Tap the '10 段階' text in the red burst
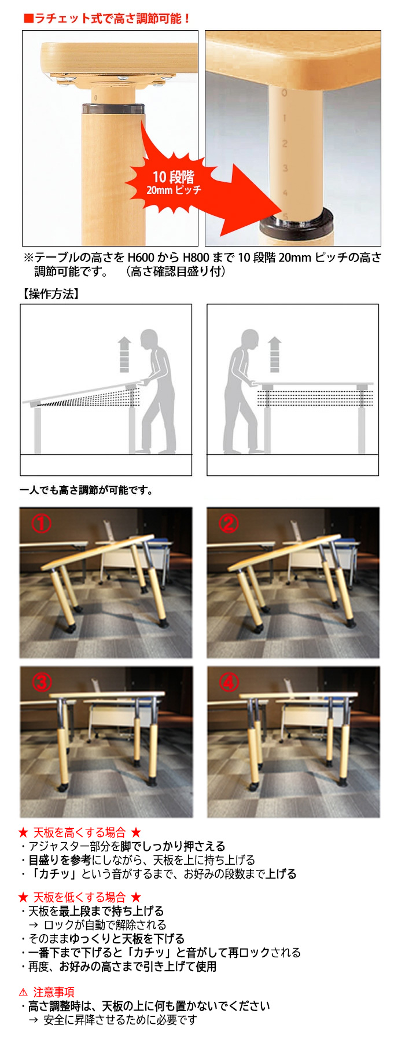coord(173,177)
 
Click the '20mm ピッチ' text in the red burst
coord(174,190)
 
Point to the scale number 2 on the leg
coord(284,143)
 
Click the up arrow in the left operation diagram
coord(124,354)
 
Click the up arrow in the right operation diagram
coord(274,354)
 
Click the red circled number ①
coord(41,523)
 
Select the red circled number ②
coord(228,523)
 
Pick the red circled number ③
coord(41,682)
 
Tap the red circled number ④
coord(228,682)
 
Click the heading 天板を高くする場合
coord(79,832)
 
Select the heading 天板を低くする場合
coord(79,897)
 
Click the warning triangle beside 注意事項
coord(23,992)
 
